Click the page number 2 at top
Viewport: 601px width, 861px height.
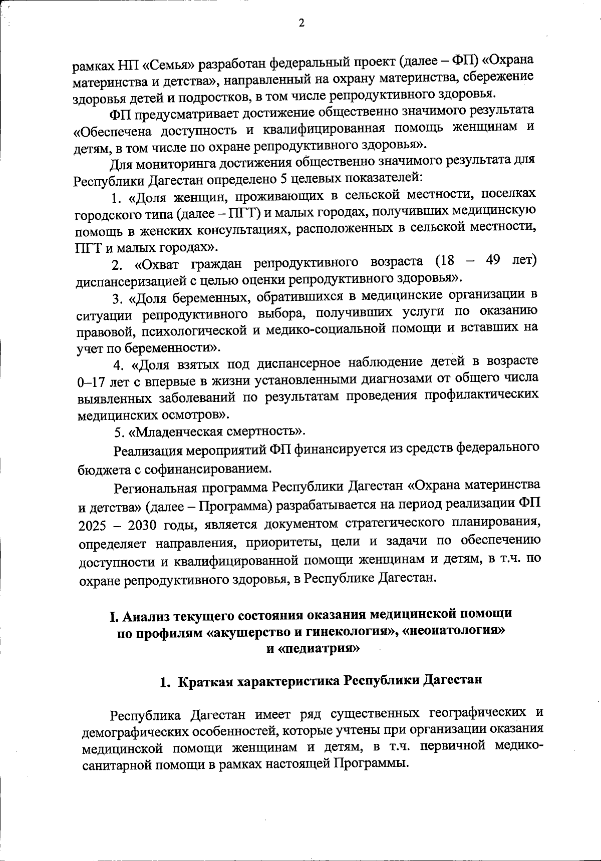301,24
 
